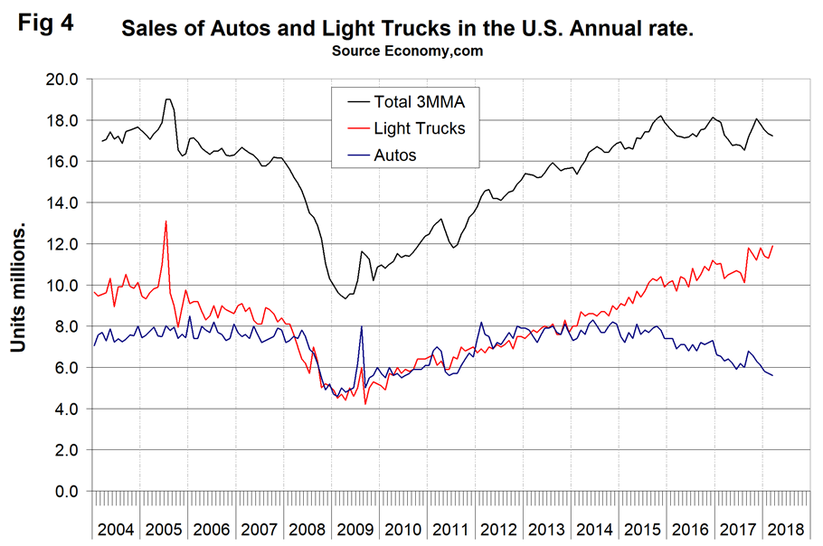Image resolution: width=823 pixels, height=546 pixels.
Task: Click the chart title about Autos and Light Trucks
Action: tap(408, 30)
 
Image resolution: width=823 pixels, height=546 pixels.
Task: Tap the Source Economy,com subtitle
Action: tap(408, 51)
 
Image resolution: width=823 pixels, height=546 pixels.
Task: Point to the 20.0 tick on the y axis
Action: tap(61, 80)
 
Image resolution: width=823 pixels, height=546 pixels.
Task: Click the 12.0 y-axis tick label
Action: tap(61, 244)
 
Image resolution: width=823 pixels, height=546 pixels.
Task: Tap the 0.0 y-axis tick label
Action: tap(65, 492)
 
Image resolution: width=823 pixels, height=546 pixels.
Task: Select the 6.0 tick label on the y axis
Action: tap(65, 368)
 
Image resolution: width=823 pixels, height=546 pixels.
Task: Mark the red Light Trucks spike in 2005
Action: tap(166, 221)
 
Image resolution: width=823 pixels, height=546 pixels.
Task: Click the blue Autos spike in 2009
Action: tap(362, 326)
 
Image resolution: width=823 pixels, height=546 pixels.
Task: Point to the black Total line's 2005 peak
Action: tap(168, 99)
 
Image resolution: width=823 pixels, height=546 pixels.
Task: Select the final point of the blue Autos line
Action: tap(773, 375)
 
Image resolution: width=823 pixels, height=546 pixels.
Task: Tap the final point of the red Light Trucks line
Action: tap(773, 246)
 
